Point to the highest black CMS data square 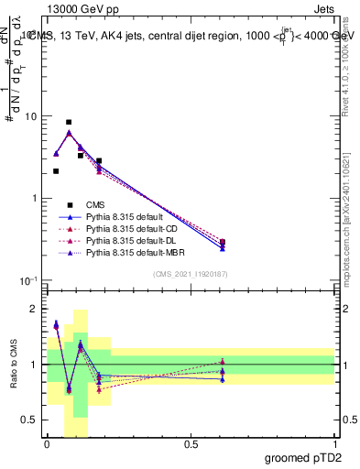(x=69, y=122)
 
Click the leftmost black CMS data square (x=56, y=171)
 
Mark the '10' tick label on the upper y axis (x=31, y=117)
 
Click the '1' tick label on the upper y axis (x=35, y=199)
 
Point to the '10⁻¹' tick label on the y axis (x=28, y=280)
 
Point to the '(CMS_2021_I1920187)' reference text (x=191, y=274)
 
